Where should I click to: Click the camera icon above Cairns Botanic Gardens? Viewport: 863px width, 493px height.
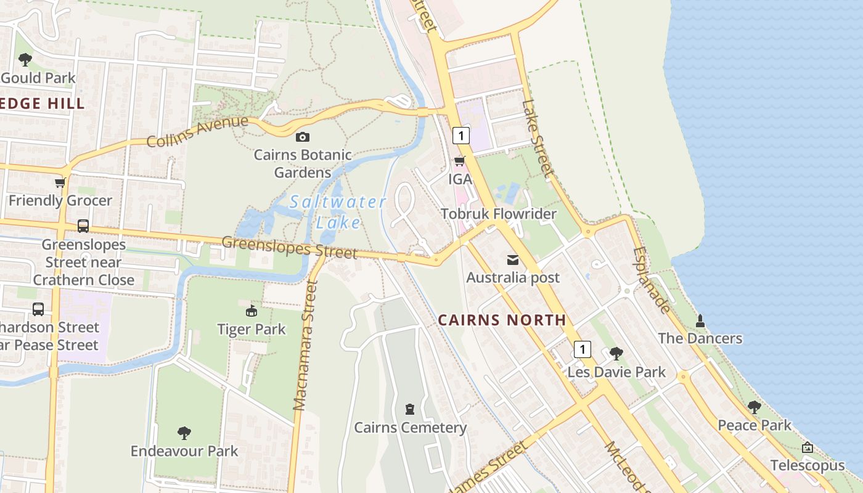coord(302,137)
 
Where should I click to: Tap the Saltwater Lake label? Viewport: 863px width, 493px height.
coord(338,211)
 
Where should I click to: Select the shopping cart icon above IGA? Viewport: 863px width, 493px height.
coord(459,161)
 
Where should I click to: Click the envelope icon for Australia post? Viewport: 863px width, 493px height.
coord(513,259)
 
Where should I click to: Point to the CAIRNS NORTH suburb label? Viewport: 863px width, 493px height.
coord(502,320)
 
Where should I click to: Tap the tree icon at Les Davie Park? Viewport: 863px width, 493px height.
coord(616,354)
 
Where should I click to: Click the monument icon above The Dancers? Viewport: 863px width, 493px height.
coord(700,320)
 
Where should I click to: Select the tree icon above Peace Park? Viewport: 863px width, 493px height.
coord(754,407)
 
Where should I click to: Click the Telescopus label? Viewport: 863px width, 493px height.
coord(807,465)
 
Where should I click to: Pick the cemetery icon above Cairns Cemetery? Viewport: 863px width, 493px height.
coord(410,409)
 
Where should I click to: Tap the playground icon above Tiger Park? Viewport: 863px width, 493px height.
coord(251,311)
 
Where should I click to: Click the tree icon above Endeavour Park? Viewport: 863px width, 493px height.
coord(184,433)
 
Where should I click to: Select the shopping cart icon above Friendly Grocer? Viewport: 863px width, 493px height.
coord(60,182)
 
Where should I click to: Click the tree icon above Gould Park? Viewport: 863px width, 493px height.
coord(25,60)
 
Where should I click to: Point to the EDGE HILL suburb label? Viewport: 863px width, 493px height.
coord(42,104)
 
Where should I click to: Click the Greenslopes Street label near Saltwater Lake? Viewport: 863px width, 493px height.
coord(289,247)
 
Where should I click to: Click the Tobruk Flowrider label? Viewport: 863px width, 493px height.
coord(498,214)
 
